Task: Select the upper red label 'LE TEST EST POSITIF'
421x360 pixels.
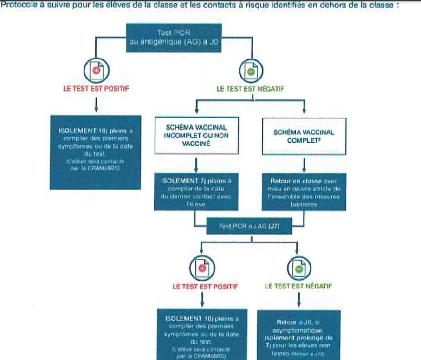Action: coord(95,88)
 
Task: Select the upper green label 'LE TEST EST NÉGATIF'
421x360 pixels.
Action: coord(251,88)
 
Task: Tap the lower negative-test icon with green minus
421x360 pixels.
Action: coord(298,267)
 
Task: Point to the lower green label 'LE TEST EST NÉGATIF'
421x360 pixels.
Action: coord(298,286)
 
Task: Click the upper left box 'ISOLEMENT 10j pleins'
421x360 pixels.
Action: coord(95,151)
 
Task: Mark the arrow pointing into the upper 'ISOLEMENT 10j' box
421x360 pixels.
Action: coord(95,106)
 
